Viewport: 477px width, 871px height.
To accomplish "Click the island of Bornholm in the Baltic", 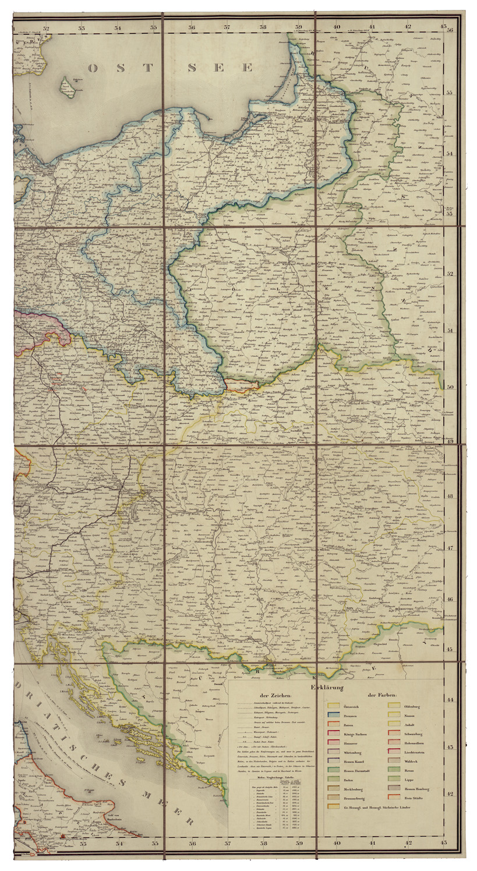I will point(68,88).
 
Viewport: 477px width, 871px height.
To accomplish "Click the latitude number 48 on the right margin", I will point(449,496).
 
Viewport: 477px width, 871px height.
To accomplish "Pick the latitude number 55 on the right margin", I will point(449,93).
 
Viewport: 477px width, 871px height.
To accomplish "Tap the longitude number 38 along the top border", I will point(263,27).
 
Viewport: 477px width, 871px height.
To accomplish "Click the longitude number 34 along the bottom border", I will point(118,842).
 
